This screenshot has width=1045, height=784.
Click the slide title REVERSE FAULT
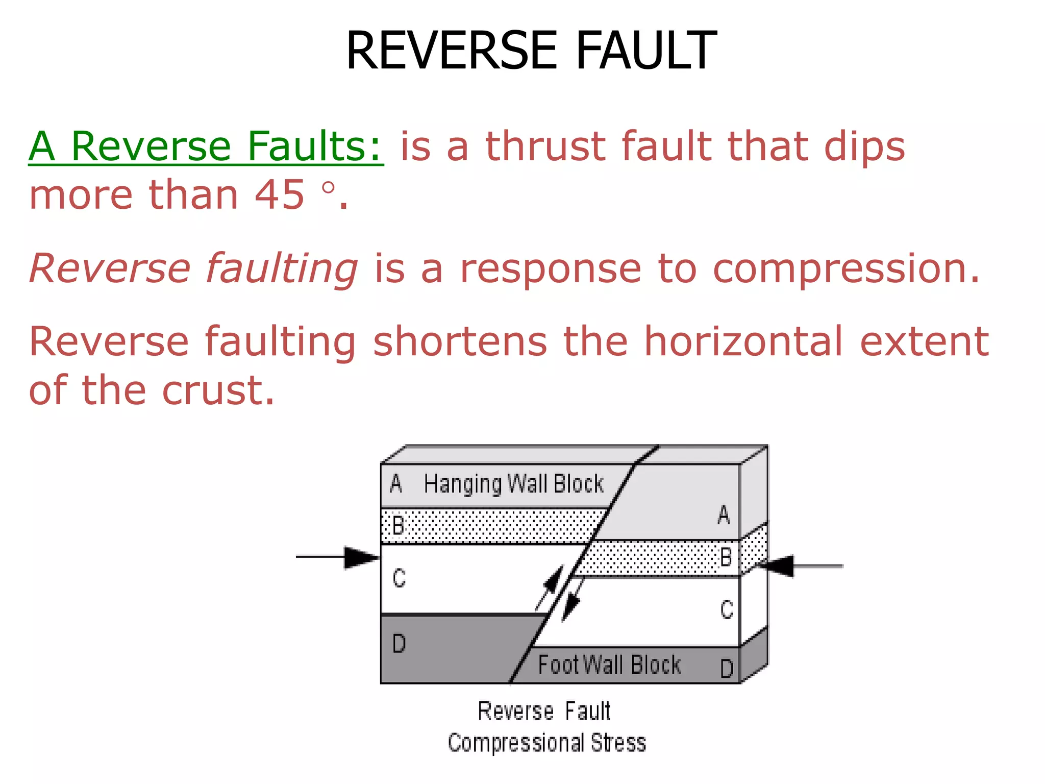(531, 51)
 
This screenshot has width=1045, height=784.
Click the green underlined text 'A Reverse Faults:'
(206, 146)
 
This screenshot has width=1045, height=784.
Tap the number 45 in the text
(279, 195)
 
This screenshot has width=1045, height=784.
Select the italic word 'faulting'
(282, 268)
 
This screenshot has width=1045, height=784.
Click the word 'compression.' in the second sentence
(846, 268)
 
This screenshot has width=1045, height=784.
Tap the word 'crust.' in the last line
(218, 390)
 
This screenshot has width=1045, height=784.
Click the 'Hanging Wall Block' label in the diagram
(513, 484)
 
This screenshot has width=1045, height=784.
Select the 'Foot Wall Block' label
(609, 665)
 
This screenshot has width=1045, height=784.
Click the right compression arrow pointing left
(801, 566)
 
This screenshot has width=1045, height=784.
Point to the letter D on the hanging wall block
(399, 644)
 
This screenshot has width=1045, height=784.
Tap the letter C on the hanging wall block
(399, 578)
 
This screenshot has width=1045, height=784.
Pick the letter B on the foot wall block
(726, 557)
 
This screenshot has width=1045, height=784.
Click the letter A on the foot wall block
(724, 515)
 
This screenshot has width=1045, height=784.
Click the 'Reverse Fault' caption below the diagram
(544, 712)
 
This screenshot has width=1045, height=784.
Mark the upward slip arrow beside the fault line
(550, 587)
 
